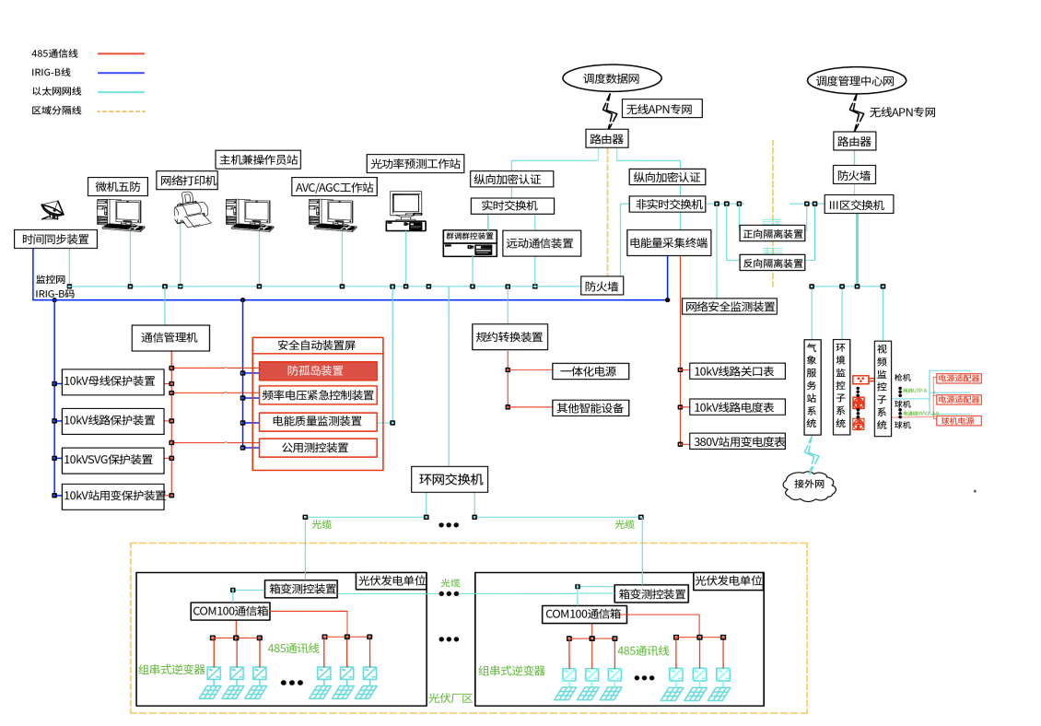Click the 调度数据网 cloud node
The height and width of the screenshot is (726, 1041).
(611, 79)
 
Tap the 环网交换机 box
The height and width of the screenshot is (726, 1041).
(450, 479)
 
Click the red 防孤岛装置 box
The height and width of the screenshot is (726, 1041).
(317, 370)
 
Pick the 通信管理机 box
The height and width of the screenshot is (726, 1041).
(170, 338)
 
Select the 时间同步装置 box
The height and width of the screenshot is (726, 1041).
(56, 240)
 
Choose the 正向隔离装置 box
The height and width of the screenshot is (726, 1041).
(772, 234)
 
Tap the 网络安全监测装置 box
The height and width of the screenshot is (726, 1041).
(730, 306)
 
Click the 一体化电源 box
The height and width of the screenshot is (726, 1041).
(591, 371)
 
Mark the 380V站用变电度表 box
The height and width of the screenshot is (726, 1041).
(738, 441)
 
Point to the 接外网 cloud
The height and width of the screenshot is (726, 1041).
(808, 484)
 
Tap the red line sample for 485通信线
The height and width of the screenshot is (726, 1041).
(121, 53)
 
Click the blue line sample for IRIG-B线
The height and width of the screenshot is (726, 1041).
(121, 73)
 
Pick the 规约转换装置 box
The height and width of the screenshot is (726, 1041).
(509, 337)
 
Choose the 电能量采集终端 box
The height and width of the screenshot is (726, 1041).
(669, 243)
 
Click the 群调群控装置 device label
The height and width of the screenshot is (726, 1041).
(470, 236)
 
